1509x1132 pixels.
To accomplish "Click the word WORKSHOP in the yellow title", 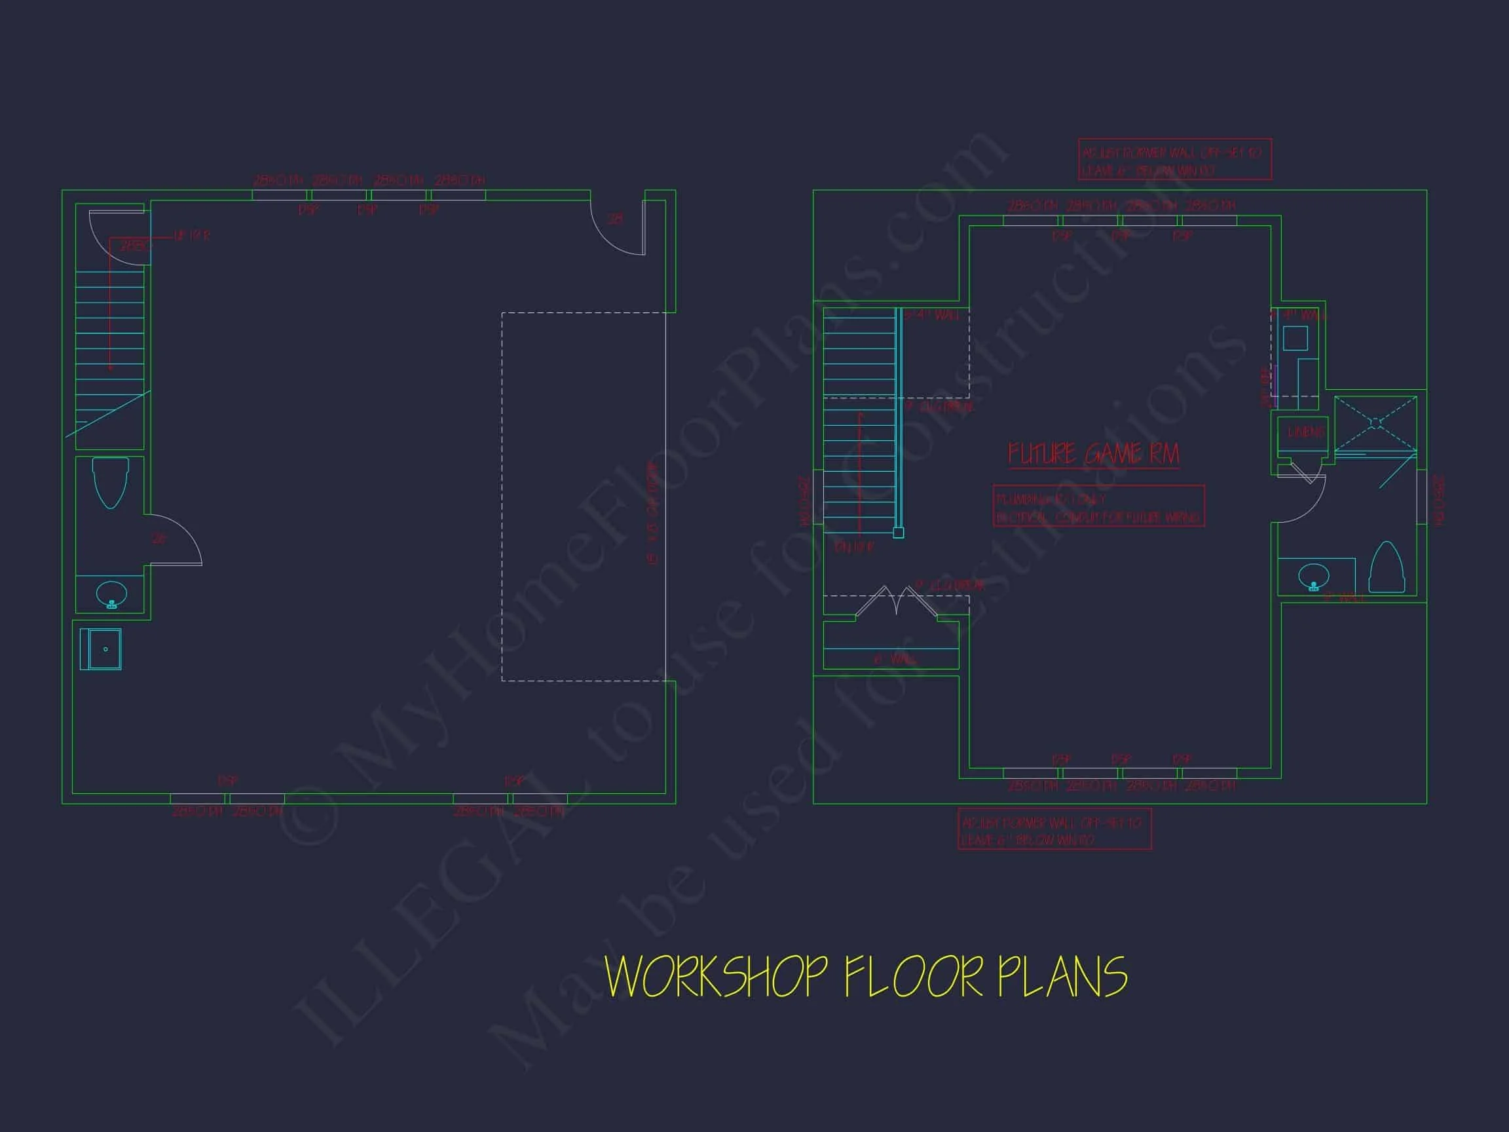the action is (717, 977).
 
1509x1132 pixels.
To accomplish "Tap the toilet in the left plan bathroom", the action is (110, 481).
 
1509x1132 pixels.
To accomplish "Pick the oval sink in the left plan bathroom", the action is (111, 593).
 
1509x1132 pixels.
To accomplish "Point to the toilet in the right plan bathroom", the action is (1387, 568).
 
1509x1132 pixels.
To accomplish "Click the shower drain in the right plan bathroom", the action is (1375, 423).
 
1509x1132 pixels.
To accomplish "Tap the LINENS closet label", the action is (1305, 432).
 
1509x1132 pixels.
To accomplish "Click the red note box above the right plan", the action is (1175, 160).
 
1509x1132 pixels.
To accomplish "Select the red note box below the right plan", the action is (1054, 829).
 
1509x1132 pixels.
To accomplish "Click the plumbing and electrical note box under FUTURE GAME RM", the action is (1098, 506).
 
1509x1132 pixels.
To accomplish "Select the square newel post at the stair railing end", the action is (899, 533).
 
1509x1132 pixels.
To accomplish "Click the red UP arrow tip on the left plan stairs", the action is (110, 368).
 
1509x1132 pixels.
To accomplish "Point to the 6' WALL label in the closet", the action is (895, 659).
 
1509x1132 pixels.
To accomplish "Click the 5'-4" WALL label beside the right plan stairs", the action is (932, 316).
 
